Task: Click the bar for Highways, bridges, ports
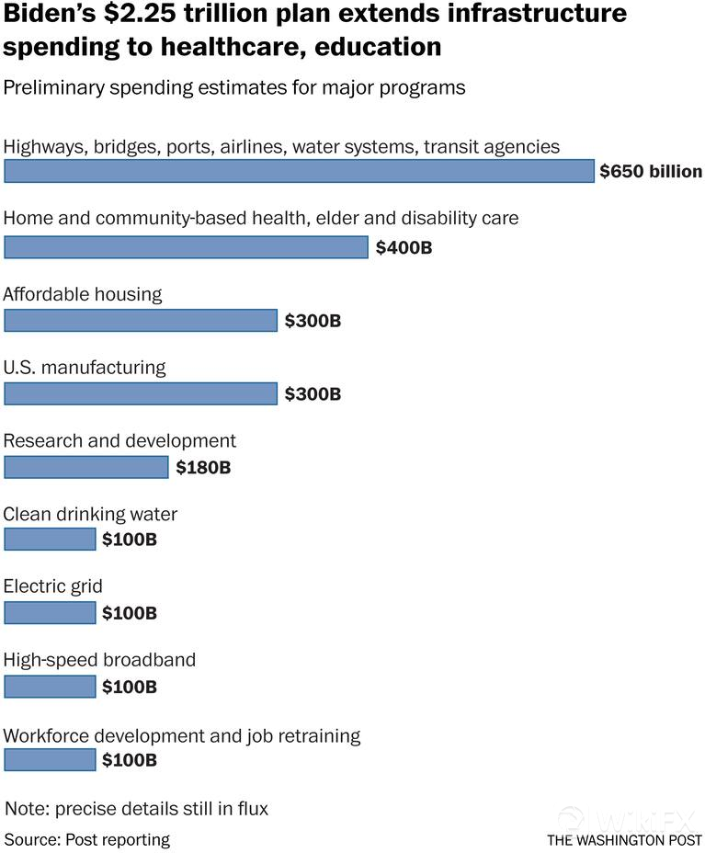[300, 172]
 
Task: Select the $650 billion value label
[651, 172]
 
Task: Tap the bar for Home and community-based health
[186, 246]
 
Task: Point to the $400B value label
[404, 247]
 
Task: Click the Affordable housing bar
[141, 320]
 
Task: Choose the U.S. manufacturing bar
[141, 393]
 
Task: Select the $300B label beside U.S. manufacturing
[313, 394]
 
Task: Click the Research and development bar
[86, 467]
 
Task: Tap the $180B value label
[203, 468]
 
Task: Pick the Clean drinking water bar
[50, 539]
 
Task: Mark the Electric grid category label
[53, 586]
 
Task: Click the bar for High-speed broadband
[50, 686]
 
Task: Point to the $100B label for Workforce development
[130, 760]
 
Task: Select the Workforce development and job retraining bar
[50, 759]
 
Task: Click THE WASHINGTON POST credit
[624, 840]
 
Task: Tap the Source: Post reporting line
[87, 839]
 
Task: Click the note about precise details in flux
[137, 809]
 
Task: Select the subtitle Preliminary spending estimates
[234, 88]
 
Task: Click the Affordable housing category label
[83, 294]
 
